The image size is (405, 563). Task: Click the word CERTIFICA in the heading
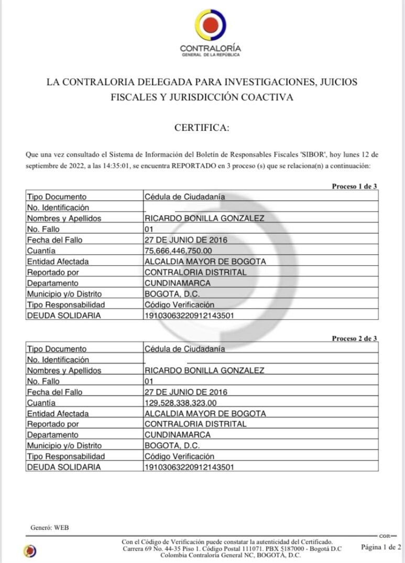coord(202,128)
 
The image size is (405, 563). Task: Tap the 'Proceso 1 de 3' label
coord(354,186)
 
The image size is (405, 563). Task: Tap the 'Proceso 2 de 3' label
coord(354,338)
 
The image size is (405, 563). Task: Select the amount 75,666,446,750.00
coord(178,251)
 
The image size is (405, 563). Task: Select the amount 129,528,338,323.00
coord(180,403)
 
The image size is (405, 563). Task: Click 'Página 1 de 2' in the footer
coord(381,547)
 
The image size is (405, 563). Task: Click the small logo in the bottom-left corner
coord(30,550)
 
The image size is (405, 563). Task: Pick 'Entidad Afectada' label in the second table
coord(58,414)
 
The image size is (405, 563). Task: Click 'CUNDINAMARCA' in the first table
coord(178,283)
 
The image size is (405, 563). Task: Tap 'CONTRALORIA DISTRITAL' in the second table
coord(195,424)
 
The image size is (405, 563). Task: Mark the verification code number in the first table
coord(189,316)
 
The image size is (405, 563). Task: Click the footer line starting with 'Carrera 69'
coord(232,548)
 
